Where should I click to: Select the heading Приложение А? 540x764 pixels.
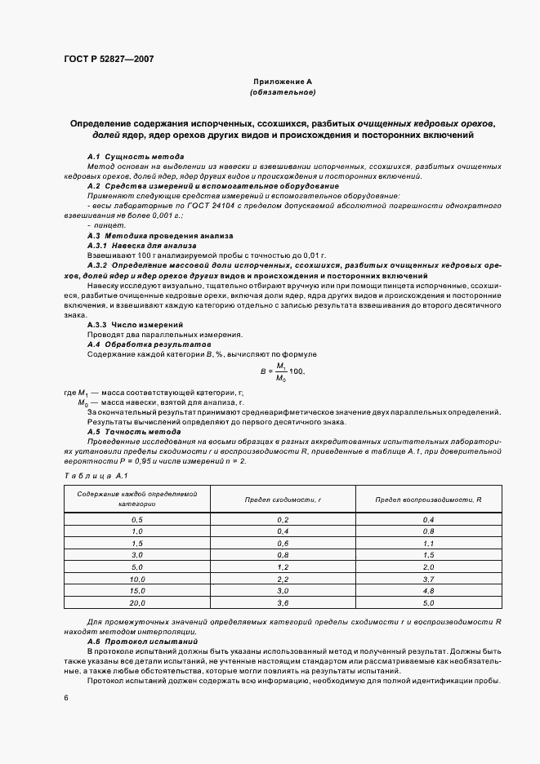pos(283,82)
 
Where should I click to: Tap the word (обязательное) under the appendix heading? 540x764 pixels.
pos(283,92)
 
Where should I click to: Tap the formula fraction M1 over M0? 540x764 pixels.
pos(282,371)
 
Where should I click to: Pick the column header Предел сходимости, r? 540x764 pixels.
pos(283,499)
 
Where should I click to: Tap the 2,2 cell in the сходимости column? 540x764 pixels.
pos(283,578)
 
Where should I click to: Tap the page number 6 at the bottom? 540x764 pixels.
pos(66,698)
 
